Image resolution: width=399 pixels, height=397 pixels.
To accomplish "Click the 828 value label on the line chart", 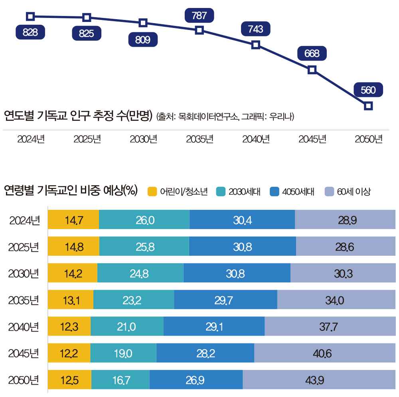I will coord(30,32).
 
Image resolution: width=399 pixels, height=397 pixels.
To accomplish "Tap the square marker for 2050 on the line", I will coord(369,106).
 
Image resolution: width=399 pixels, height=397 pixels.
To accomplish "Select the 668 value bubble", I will coord(312,53).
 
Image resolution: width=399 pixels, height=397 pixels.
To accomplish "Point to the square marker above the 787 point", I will coord(199,30).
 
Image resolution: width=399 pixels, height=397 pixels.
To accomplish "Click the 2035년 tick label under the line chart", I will coord(199,140).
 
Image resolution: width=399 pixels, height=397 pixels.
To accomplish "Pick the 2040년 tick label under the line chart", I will coord(256,140).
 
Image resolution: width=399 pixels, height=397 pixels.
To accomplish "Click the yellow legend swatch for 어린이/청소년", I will coord(152,192).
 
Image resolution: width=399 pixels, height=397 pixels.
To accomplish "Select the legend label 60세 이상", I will coord(354,192).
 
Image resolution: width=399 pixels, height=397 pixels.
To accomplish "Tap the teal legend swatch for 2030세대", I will coord(221,192).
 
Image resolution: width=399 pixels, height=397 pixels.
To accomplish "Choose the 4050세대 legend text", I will coord(298,192).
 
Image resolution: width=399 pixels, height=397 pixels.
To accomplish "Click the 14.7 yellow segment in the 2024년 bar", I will coord(73,220).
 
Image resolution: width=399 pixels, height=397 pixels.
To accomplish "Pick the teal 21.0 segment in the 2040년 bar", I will coord(127,327).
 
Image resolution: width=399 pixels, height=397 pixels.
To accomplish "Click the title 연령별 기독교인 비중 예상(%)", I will coord(70,191).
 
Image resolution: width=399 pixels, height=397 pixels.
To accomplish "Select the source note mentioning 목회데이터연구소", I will coord(225,117).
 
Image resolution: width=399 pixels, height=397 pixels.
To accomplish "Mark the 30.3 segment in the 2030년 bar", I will coord(343,273).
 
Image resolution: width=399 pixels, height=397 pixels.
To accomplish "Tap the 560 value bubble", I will coord(368,90).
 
